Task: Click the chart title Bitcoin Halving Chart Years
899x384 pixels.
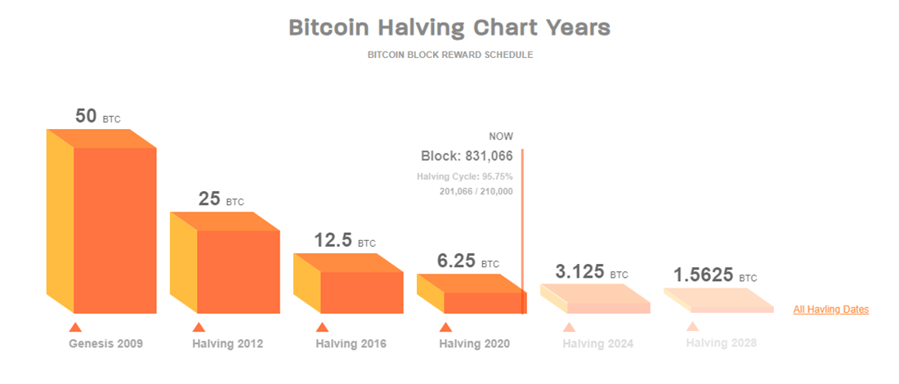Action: tap(449, 27)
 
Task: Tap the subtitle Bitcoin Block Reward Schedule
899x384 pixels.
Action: tap(449, 55)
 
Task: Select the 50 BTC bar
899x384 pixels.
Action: tap(114, 229)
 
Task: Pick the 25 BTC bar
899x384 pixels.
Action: tap(238, 270)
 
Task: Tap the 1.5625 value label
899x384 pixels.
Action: tap(704, 275)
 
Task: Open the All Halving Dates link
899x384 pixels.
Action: tap(830, 310)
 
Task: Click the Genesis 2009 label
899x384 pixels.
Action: tap(105, 344)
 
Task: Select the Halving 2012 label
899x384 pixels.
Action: tap(228, 344)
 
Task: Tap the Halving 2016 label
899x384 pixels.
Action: tap(351, 344)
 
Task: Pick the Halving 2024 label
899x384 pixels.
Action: tap(597, 344)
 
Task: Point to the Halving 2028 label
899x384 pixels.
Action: tap(721, 344)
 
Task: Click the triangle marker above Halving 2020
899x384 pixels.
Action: tap(445, 328)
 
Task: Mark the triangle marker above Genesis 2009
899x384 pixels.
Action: tap(75, 328)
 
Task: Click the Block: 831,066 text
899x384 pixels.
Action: tap(467, 156)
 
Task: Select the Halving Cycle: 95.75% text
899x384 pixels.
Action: tap(464, 176)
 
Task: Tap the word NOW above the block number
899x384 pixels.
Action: tap(501, 136)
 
